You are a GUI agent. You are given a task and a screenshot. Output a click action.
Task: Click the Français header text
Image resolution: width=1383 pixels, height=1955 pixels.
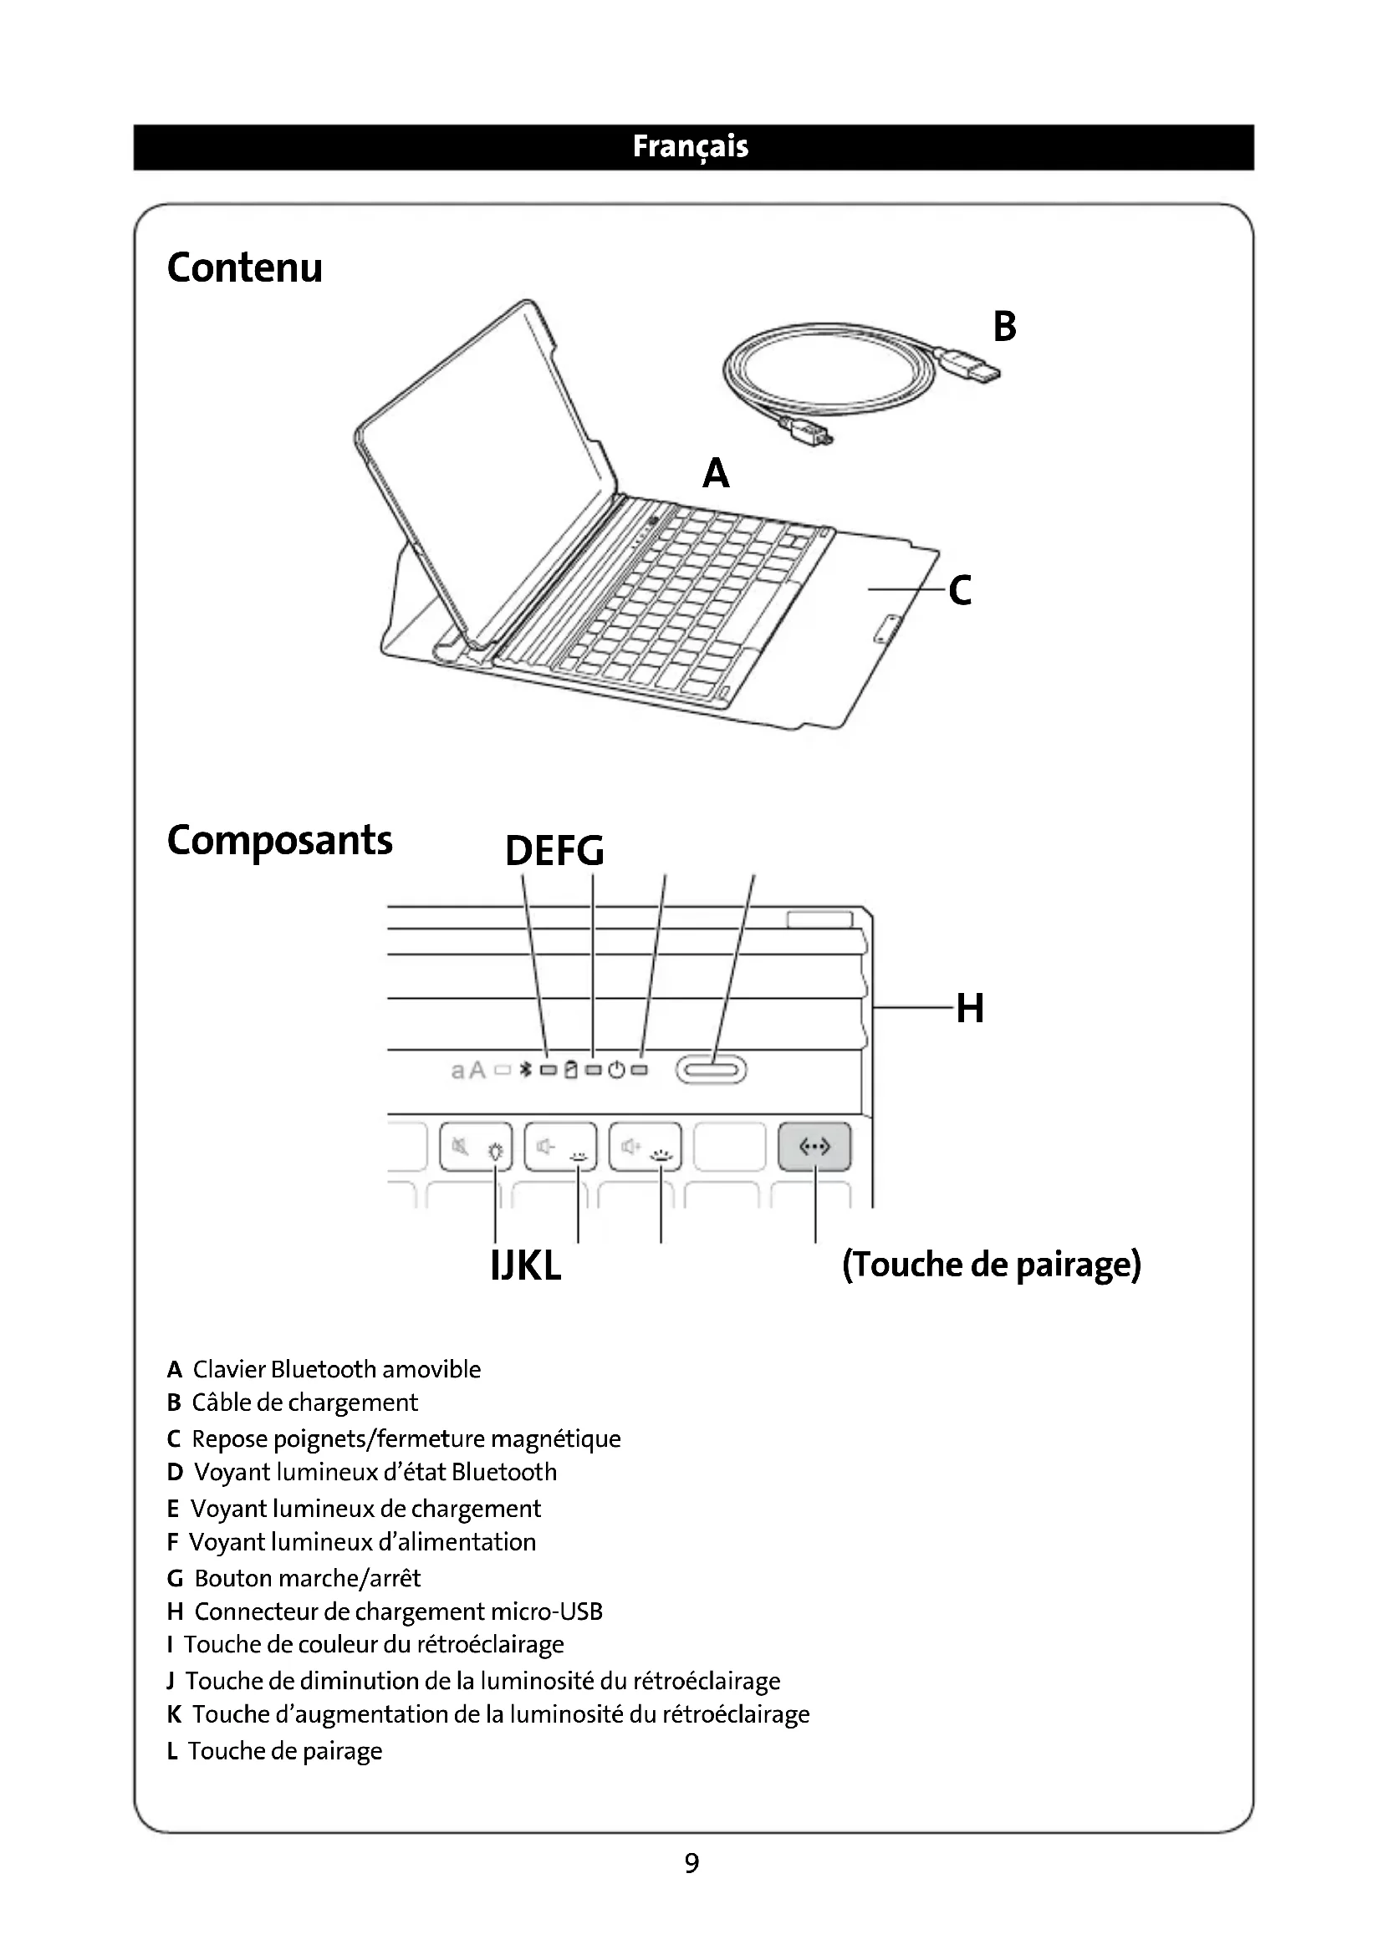click(x=691, y=146)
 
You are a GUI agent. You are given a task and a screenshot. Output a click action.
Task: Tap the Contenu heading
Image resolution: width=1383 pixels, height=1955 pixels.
click(x=244, y=267)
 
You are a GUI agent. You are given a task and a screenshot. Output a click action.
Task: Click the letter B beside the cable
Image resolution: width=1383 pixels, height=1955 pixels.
click(x=1004, y=326)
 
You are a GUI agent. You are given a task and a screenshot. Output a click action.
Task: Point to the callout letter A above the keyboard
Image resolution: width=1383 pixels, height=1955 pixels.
click(x=716, y=472)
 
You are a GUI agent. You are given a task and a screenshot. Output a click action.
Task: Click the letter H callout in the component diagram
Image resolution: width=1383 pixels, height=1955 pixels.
click(x=970, y=1008)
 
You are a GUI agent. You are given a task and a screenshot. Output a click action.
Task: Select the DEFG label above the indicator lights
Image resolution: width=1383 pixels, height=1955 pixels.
click(x=554, y=851)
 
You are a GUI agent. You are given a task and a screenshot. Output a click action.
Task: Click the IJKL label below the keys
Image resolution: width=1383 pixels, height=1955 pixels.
click(x=525, y=1266)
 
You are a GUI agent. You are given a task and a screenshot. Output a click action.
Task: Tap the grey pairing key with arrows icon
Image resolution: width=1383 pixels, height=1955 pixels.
click(x=814, y=1147)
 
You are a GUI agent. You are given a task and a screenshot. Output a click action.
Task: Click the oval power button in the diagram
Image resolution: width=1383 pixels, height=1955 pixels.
click(x=711, y=1070)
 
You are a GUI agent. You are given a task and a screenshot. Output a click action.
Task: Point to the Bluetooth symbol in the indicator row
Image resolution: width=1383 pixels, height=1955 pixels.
click(x=525, y=1070)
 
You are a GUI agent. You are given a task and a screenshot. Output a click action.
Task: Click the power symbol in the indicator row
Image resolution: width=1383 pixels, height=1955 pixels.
click(x=617, y=1070)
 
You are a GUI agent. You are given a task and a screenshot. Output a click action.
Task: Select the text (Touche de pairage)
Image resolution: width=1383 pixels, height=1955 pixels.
click(x=992, y=1265)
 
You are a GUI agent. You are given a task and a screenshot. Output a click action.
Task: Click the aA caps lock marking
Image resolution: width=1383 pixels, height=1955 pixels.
click(x=467, y=1071)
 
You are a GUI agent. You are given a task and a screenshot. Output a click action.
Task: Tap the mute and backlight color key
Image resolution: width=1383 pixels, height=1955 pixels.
click(x=476, y=1148)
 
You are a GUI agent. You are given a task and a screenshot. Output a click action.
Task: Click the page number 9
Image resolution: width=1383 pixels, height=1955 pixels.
click(x=691, y=1863)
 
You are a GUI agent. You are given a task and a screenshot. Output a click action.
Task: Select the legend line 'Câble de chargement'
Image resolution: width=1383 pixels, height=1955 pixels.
click(x=304, y=1403)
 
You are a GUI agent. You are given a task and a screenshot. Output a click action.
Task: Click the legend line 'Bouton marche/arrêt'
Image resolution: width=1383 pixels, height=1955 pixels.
click(x=307, y=1578)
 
